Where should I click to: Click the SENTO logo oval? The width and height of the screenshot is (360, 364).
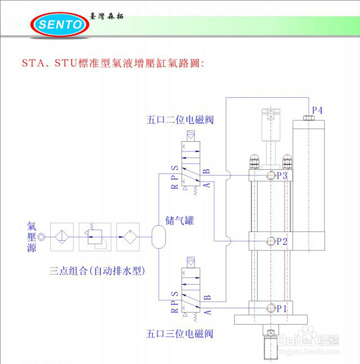coord(58,24)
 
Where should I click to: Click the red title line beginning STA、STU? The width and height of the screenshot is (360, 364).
coord(112,62)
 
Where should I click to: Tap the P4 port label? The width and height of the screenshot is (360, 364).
coord(317,110)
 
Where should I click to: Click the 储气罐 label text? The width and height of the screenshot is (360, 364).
coord(179,220)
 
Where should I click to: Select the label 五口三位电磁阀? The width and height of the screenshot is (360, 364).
coord(179,334)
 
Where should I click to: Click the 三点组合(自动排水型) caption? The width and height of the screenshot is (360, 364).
coord(97,271)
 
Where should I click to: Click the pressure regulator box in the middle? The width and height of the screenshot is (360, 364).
coord(93,236)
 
